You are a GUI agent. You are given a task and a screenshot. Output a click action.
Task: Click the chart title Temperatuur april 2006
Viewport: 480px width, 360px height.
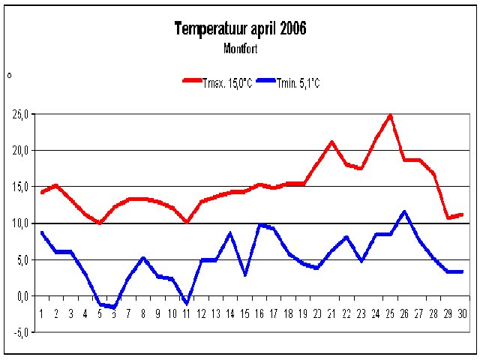(x=240, y=29)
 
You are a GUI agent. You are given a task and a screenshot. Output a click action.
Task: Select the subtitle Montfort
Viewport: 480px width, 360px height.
(x=240, y=49)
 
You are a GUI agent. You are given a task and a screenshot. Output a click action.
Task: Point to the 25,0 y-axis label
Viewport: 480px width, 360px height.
(x=19, y=115)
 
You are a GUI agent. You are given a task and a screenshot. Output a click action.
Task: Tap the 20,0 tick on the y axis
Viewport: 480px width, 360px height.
(x=19, y=151)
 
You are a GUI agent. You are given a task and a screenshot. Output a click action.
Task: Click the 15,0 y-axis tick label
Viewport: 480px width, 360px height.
(x=19, y=187)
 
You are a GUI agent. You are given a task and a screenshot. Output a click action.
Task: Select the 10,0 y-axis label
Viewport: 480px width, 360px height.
(x=19, y=223)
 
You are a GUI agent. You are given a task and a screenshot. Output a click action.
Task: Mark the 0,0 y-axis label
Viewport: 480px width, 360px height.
(x=21, y=296)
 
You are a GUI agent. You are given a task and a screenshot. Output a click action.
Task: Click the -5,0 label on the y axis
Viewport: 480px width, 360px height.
(x=19, y=332)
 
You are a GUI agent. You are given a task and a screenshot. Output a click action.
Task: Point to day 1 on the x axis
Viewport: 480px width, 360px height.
(x=41, y=313)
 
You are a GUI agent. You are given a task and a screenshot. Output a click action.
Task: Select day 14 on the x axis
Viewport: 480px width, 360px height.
(x=230, y=313)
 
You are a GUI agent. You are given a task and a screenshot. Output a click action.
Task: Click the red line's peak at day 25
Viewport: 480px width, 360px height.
(x=390, y=116)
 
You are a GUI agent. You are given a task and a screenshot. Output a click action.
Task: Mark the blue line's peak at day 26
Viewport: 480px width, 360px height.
(x=405, y=212)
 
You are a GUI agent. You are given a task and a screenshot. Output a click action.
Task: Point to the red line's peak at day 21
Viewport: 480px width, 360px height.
(x=332, y=142)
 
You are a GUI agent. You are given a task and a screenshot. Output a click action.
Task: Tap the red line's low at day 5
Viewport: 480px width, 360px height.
(x=100, y=223)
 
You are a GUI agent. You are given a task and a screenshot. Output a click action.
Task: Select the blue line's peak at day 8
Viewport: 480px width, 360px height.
(x=143, y=259)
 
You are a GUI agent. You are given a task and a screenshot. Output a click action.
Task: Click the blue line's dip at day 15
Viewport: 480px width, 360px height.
(x=245, y=274)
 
